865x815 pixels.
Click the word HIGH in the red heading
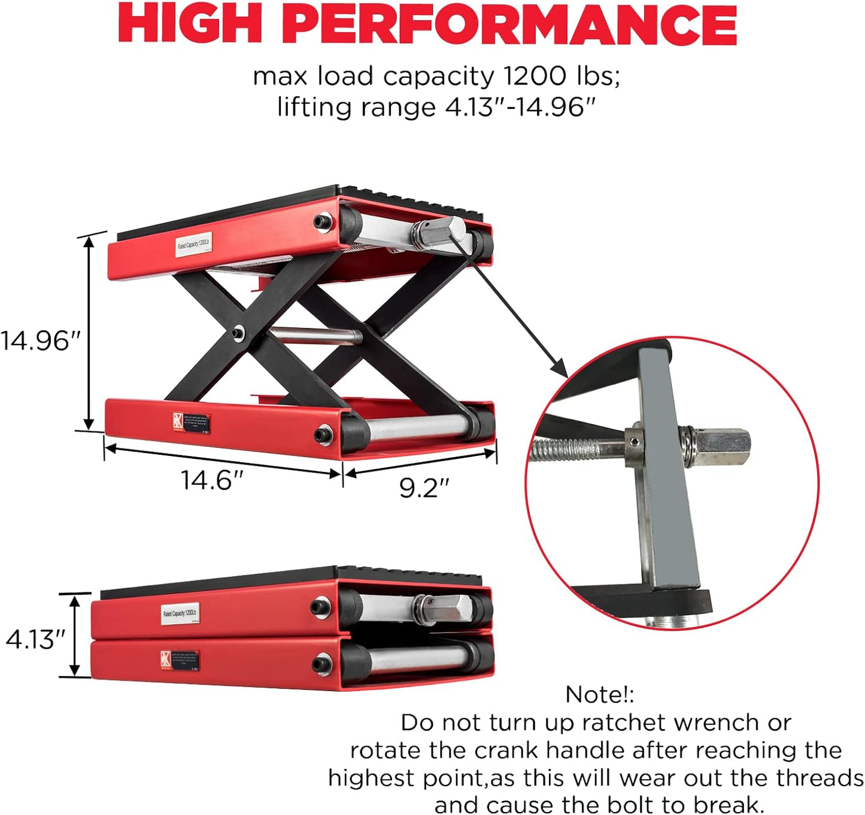tap(190, 24)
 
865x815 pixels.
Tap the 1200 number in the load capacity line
tap(535, 77)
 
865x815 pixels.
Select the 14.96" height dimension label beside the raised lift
tap(40, 341)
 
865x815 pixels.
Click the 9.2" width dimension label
tap(424, 488)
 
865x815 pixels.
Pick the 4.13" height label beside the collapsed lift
tap(35, 640)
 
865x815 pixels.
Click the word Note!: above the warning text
tap(599, 695)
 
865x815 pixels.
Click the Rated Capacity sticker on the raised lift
tap(193, 244)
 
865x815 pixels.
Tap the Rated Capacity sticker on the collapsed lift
tap(180, 614)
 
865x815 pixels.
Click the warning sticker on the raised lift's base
tap(191, 422)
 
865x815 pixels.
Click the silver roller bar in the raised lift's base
tap(416, 425)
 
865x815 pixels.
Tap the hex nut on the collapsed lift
tap(440, 610)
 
